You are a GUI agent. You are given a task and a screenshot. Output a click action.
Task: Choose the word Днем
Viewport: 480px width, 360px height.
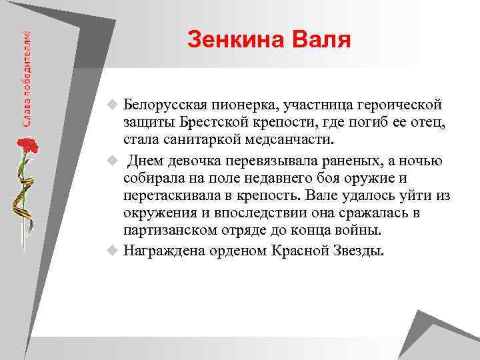(x=147, y=161)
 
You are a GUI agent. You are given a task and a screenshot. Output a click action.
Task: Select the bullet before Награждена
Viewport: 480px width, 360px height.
(x=113, y=251)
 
